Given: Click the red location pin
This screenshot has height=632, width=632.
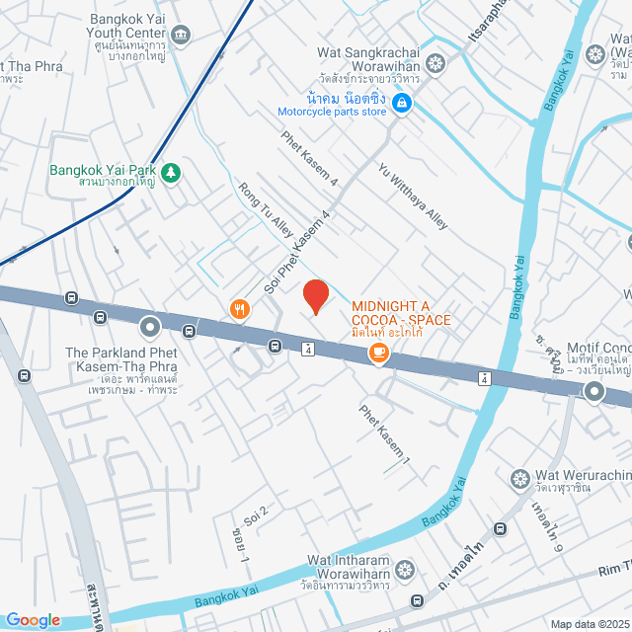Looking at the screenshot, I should coord(315,296).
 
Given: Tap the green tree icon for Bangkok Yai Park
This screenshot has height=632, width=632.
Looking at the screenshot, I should coord(172,173).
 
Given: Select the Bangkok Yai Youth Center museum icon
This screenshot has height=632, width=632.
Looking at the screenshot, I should coord(181,36).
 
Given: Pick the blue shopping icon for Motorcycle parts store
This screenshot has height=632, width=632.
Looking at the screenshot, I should coord(402,102).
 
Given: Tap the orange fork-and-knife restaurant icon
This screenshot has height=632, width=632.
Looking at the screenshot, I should coord(239,310).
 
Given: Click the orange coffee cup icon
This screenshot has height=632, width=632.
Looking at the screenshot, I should coord(378,352).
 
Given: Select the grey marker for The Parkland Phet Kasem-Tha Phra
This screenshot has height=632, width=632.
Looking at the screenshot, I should coord(150,325).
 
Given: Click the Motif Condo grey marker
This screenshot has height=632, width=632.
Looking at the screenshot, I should coord(594,392).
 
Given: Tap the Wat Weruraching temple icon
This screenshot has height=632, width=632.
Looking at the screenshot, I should coord(520,480).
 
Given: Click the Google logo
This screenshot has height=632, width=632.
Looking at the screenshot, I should coord(33,620).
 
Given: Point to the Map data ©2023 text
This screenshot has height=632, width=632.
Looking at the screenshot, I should coord(589,624).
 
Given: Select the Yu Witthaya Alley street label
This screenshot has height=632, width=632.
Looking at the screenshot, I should coord(413,196).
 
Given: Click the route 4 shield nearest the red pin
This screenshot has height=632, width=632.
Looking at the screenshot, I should coord(308,350).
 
